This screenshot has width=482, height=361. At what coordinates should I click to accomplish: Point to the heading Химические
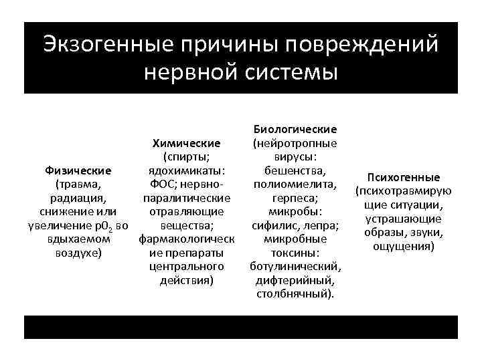(x=187, y=143)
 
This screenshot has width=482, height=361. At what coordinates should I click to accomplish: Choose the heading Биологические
(x=295, y=128)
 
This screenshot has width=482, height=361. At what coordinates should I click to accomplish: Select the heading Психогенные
(x=408, y=177)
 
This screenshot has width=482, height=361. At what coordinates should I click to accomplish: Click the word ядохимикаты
(x=187, y=170)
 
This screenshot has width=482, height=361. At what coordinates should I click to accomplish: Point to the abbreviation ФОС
(x=156, y=185)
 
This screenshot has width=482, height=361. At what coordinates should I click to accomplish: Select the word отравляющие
(x=187, y=213)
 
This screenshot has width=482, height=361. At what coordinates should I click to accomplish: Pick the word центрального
(x=187, y=267)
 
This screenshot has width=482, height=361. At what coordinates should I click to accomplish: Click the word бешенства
(x=295, y=170)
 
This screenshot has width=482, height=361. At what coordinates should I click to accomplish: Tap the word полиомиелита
(x=295, y=185)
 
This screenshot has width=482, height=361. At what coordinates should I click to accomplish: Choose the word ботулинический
(x=295, y=267)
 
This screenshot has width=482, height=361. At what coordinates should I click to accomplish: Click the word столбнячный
(x=295, y=295)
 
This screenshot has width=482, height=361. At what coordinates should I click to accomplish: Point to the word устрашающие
(x=408, y=219)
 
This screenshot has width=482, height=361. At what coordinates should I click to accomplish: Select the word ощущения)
(x=408, y=247)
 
